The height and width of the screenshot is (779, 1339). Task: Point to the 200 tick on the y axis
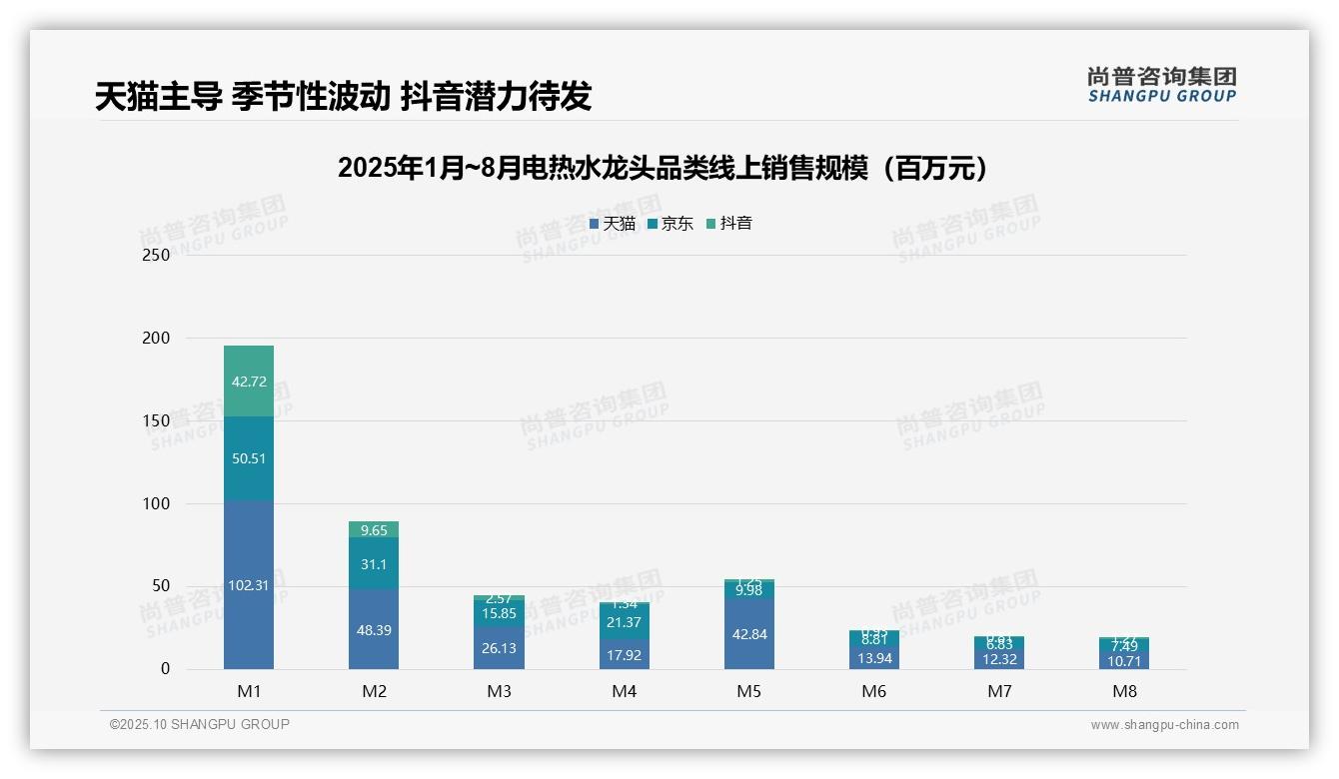(x=156, y=339)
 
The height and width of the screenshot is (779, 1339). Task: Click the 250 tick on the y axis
(x=156, y=256)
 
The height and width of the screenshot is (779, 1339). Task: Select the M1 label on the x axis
(x=249, y=691)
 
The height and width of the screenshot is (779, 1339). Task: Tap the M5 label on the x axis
(x=749, y=691)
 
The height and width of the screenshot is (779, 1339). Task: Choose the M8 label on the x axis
(x=1124, y=691)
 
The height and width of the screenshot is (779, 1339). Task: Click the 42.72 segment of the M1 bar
(x=249, y=382)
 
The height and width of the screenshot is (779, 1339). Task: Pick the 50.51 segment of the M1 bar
(x=249, y=458)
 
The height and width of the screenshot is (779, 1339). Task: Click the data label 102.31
(x=249, y=585)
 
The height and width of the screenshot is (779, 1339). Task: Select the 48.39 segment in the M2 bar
(x=374, y=629)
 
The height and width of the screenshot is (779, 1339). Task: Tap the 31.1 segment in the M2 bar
(x=374, y=564)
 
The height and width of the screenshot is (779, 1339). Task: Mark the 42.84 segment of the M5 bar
(x=749, y=634)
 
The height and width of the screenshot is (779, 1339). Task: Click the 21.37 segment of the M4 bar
(x=624, y=622)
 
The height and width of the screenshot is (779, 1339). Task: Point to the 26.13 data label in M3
(x=499, y=648)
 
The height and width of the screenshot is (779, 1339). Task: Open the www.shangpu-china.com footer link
(x=1164, y=725)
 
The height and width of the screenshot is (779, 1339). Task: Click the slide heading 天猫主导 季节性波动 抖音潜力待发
(x=343, y=96)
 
